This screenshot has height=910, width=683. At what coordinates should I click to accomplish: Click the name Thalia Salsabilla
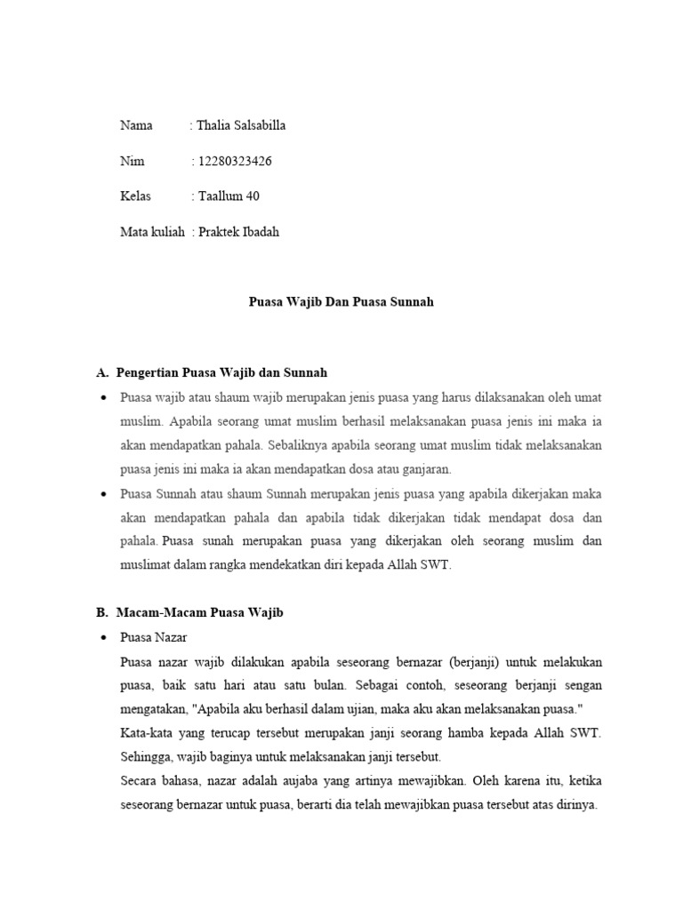pyautogui.click(x=241, y=125)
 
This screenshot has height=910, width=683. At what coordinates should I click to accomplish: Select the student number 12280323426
pyautogui.click(x=234, y=161)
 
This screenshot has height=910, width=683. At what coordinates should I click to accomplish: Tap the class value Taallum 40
pyautogui.click(x=229, y=196)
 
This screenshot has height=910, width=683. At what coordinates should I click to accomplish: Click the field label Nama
pyautogui.click(x=136, y=125)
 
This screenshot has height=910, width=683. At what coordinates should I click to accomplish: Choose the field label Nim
pyautogui.click(x=132, y=161)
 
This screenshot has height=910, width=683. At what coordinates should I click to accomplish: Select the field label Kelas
pyautogui.click(x=136, y=196)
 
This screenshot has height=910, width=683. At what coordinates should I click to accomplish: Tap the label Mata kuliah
pyautogui.click(x=152, y=232)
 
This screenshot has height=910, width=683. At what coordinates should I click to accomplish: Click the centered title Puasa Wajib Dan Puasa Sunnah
pyautogui.click(x=341, y=302)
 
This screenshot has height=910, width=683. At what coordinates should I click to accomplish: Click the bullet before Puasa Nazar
pyautogui.click(x=103, y=638)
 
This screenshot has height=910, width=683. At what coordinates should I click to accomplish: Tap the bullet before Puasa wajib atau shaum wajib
pyautogui.click(x=103, y=397)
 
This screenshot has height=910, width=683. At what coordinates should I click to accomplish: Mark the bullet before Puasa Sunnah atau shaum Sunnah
pyautogui.click(x=103, y=493)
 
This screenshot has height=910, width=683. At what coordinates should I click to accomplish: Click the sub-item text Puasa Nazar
pyautogui.click(x=153, y=638)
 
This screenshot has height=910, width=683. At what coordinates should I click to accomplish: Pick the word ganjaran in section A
pyautogui.click(x=427, y=468)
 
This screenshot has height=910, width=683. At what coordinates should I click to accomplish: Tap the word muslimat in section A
pyautogui.click(x=146, y=564)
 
